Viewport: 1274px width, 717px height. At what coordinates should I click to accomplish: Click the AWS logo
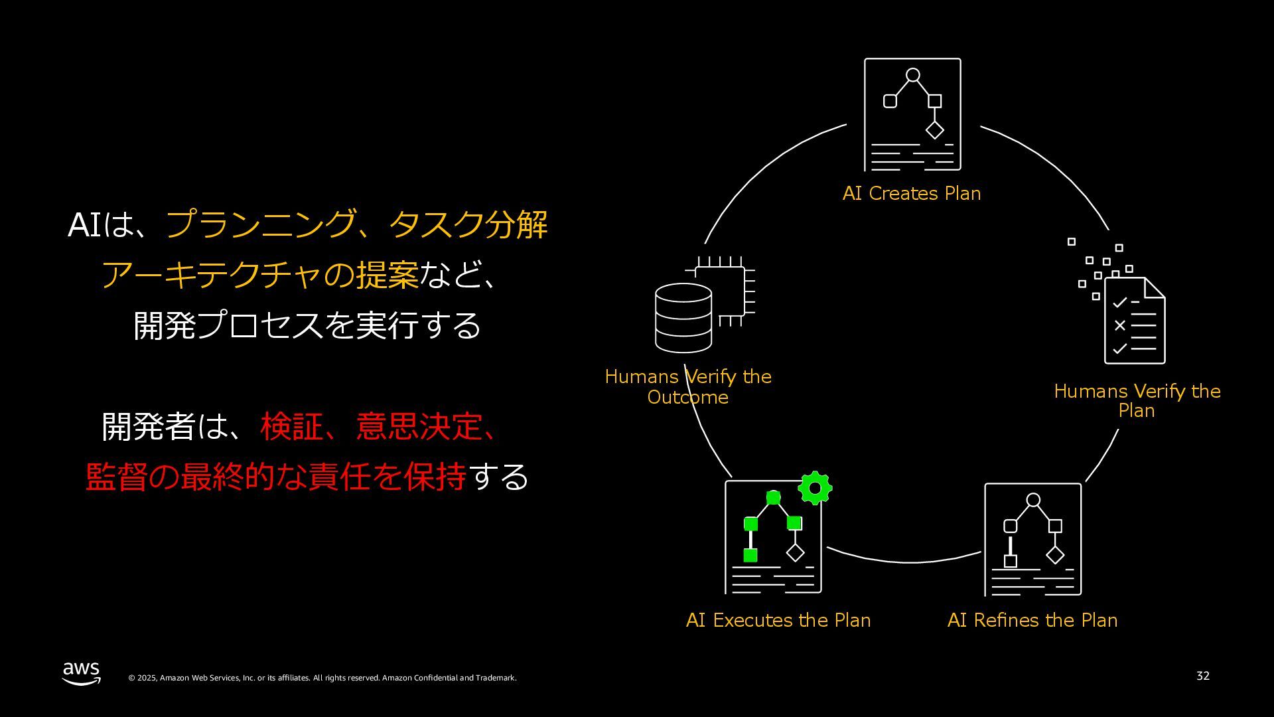tap(82, 673)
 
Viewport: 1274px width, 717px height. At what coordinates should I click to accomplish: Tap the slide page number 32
tap(1202, 676)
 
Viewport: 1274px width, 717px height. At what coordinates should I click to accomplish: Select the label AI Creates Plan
tap(911, 193)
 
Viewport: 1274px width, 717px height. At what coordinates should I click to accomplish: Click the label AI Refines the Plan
tap(1032, 620)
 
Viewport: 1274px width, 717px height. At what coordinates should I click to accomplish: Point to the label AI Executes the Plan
tap(778, 620)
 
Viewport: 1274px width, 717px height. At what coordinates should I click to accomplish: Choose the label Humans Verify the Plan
tap(1137, 400)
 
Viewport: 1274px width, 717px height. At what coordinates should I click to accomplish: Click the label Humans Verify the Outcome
tap(688, 386)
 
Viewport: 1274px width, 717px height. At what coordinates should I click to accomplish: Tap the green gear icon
tap(815, 489)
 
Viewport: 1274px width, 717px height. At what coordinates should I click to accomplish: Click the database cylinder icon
tap(683, 318)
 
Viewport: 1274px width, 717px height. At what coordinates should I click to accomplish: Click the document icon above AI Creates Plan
tap(912, 115)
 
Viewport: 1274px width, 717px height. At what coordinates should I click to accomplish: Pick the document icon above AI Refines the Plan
tap(1032, 539)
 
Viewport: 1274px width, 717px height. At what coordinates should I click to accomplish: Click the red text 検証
tap(291, 426)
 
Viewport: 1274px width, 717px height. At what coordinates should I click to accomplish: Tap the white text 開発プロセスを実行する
tap(307, 325)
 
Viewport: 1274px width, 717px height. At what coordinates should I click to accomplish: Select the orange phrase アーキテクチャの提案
tap(260, 275)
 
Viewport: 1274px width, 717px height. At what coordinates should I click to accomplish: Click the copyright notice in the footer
tap(322, 678)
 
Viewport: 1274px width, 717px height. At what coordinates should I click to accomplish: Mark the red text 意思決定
tap(419, 426)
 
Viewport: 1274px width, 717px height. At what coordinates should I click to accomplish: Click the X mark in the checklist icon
tap(1120, 325)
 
